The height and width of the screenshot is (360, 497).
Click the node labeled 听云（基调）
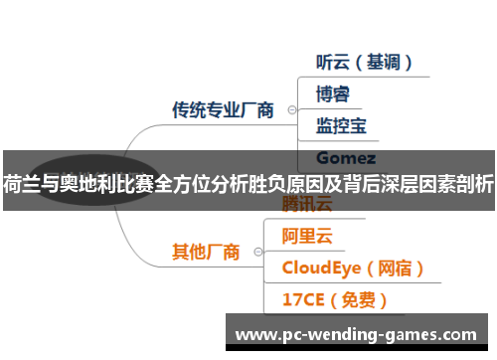click(x=363, y=62)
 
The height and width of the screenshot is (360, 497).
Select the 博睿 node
click(x=332, y=94)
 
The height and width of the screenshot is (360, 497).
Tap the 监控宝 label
click(x=341, y=126)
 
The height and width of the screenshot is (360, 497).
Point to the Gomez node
click(x=345, y=157)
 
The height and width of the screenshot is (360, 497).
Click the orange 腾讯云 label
click(x=307, y=206)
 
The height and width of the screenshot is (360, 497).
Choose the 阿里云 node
click(x=307, y=237)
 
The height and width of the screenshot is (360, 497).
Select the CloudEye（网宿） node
click(x=354, y=269)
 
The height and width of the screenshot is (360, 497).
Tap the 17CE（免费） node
click(x=335, y=299)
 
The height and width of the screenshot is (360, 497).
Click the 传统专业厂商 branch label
click(x=223, y=109)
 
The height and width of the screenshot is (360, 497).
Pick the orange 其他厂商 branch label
click(x=206, y=252)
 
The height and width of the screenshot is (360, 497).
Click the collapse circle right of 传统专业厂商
click(x=289, y=110)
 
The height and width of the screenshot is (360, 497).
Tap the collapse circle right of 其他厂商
click(x=257, y=253)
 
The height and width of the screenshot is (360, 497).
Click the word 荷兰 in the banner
click(x=22, y=182)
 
